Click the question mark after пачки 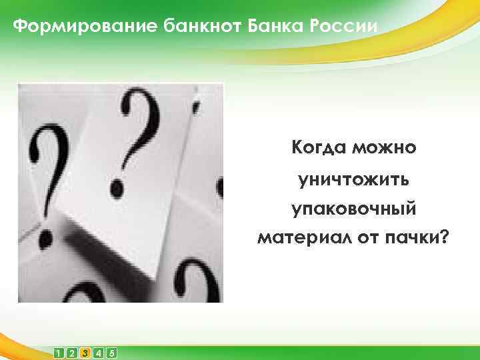(443, 237)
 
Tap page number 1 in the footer (59, 352)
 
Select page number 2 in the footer (71, 352)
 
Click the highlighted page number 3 (85, 352)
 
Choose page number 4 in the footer (98, 352)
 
